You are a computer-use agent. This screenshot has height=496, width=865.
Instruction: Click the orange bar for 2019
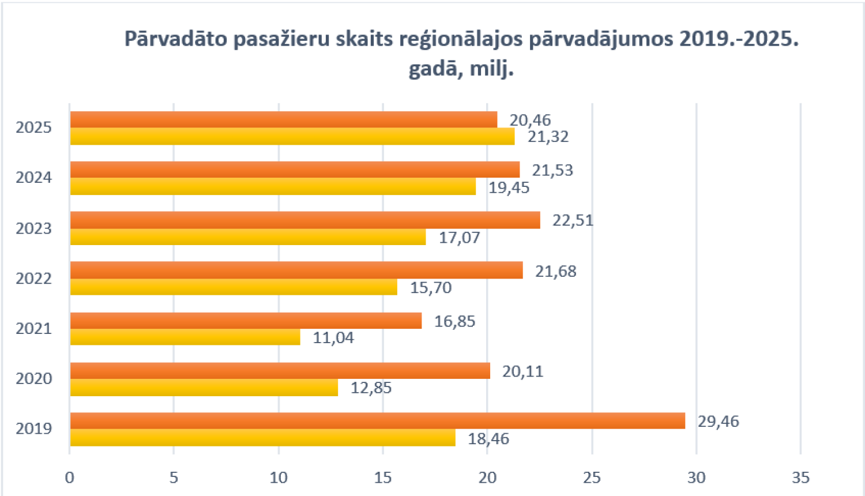[x=377, y=421]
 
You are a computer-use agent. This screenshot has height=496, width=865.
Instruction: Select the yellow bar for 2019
[x=262, y=438]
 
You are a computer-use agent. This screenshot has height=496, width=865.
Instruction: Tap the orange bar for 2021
[x=246, y=321]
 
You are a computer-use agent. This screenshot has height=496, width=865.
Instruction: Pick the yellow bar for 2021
[x=185, y=337]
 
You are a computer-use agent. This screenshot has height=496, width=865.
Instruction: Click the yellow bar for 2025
[x=292, y=137]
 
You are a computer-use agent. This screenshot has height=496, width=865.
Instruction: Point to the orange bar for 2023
[x=305, y=220]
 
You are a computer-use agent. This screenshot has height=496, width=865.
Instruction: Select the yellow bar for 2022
[x=234, y=287]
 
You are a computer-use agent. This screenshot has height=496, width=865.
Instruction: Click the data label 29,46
[x=718, y=422]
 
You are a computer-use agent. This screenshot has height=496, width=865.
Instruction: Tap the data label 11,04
[x=333, y=337]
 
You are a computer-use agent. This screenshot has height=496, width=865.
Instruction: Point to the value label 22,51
[x=573, y=220]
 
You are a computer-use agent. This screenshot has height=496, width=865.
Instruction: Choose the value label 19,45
[x=509, y=187]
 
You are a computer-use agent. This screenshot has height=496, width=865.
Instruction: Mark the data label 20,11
[x=522, y=371]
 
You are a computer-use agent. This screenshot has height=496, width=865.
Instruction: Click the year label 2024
[x=33, y=178]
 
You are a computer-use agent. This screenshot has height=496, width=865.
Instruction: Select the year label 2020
[x=33, y=379]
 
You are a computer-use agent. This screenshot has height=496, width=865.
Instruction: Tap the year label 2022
[x=33, y=279]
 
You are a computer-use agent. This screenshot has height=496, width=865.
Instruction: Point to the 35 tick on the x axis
[x=800, y=478]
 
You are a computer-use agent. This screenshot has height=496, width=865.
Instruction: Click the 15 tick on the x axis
[x=383, y=478]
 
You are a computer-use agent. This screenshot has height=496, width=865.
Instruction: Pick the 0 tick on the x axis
[x=70, y=478]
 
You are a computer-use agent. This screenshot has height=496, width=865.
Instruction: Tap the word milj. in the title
[x=491, y=69]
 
